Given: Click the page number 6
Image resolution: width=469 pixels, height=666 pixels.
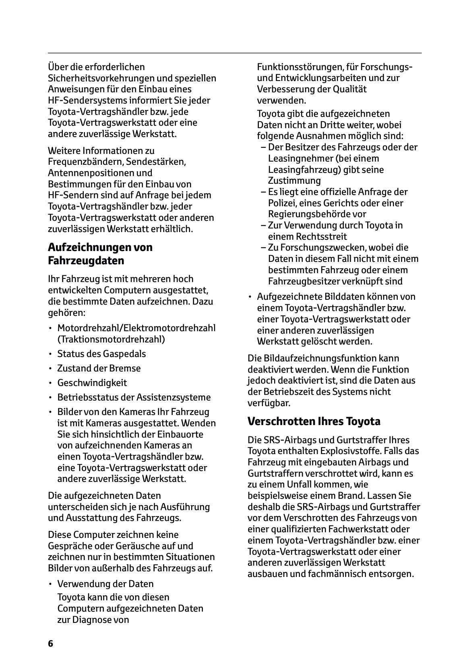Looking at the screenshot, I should click(50, 643).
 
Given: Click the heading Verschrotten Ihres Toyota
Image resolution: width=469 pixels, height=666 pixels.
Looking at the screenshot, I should click(314, 421).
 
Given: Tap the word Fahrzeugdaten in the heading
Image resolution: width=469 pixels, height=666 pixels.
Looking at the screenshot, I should click(86, 261).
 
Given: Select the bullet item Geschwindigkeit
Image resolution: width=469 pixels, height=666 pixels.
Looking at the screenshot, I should click(92, 383).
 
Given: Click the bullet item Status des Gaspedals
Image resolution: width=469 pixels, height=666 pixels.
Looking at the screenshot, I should click(101, 354).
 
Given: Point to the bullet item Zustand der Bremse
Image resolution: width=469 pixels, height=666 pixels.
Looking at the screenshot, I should click(99, 368).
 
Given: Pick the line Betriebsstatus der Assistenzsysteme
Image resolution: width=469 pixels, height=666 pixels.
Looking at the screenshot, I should click(134, 397).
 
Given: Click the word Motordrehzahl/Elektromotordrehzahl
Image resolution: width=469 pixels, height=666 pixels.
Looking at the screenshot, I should click(136, 328).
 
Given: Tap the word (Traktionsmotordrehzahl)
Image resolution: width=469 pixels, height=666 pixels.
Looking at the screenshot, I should click(111, 339).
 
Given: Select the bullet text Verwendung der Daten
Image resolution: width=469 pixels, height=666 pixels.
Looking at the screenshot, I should click(105, 584).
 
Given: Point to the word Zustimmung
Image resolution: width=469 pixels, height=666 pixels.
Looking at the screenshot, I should click(294, 181).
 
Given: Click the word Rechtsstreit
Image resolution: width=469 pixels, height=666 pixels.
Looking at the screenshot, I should click(307, 237).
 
